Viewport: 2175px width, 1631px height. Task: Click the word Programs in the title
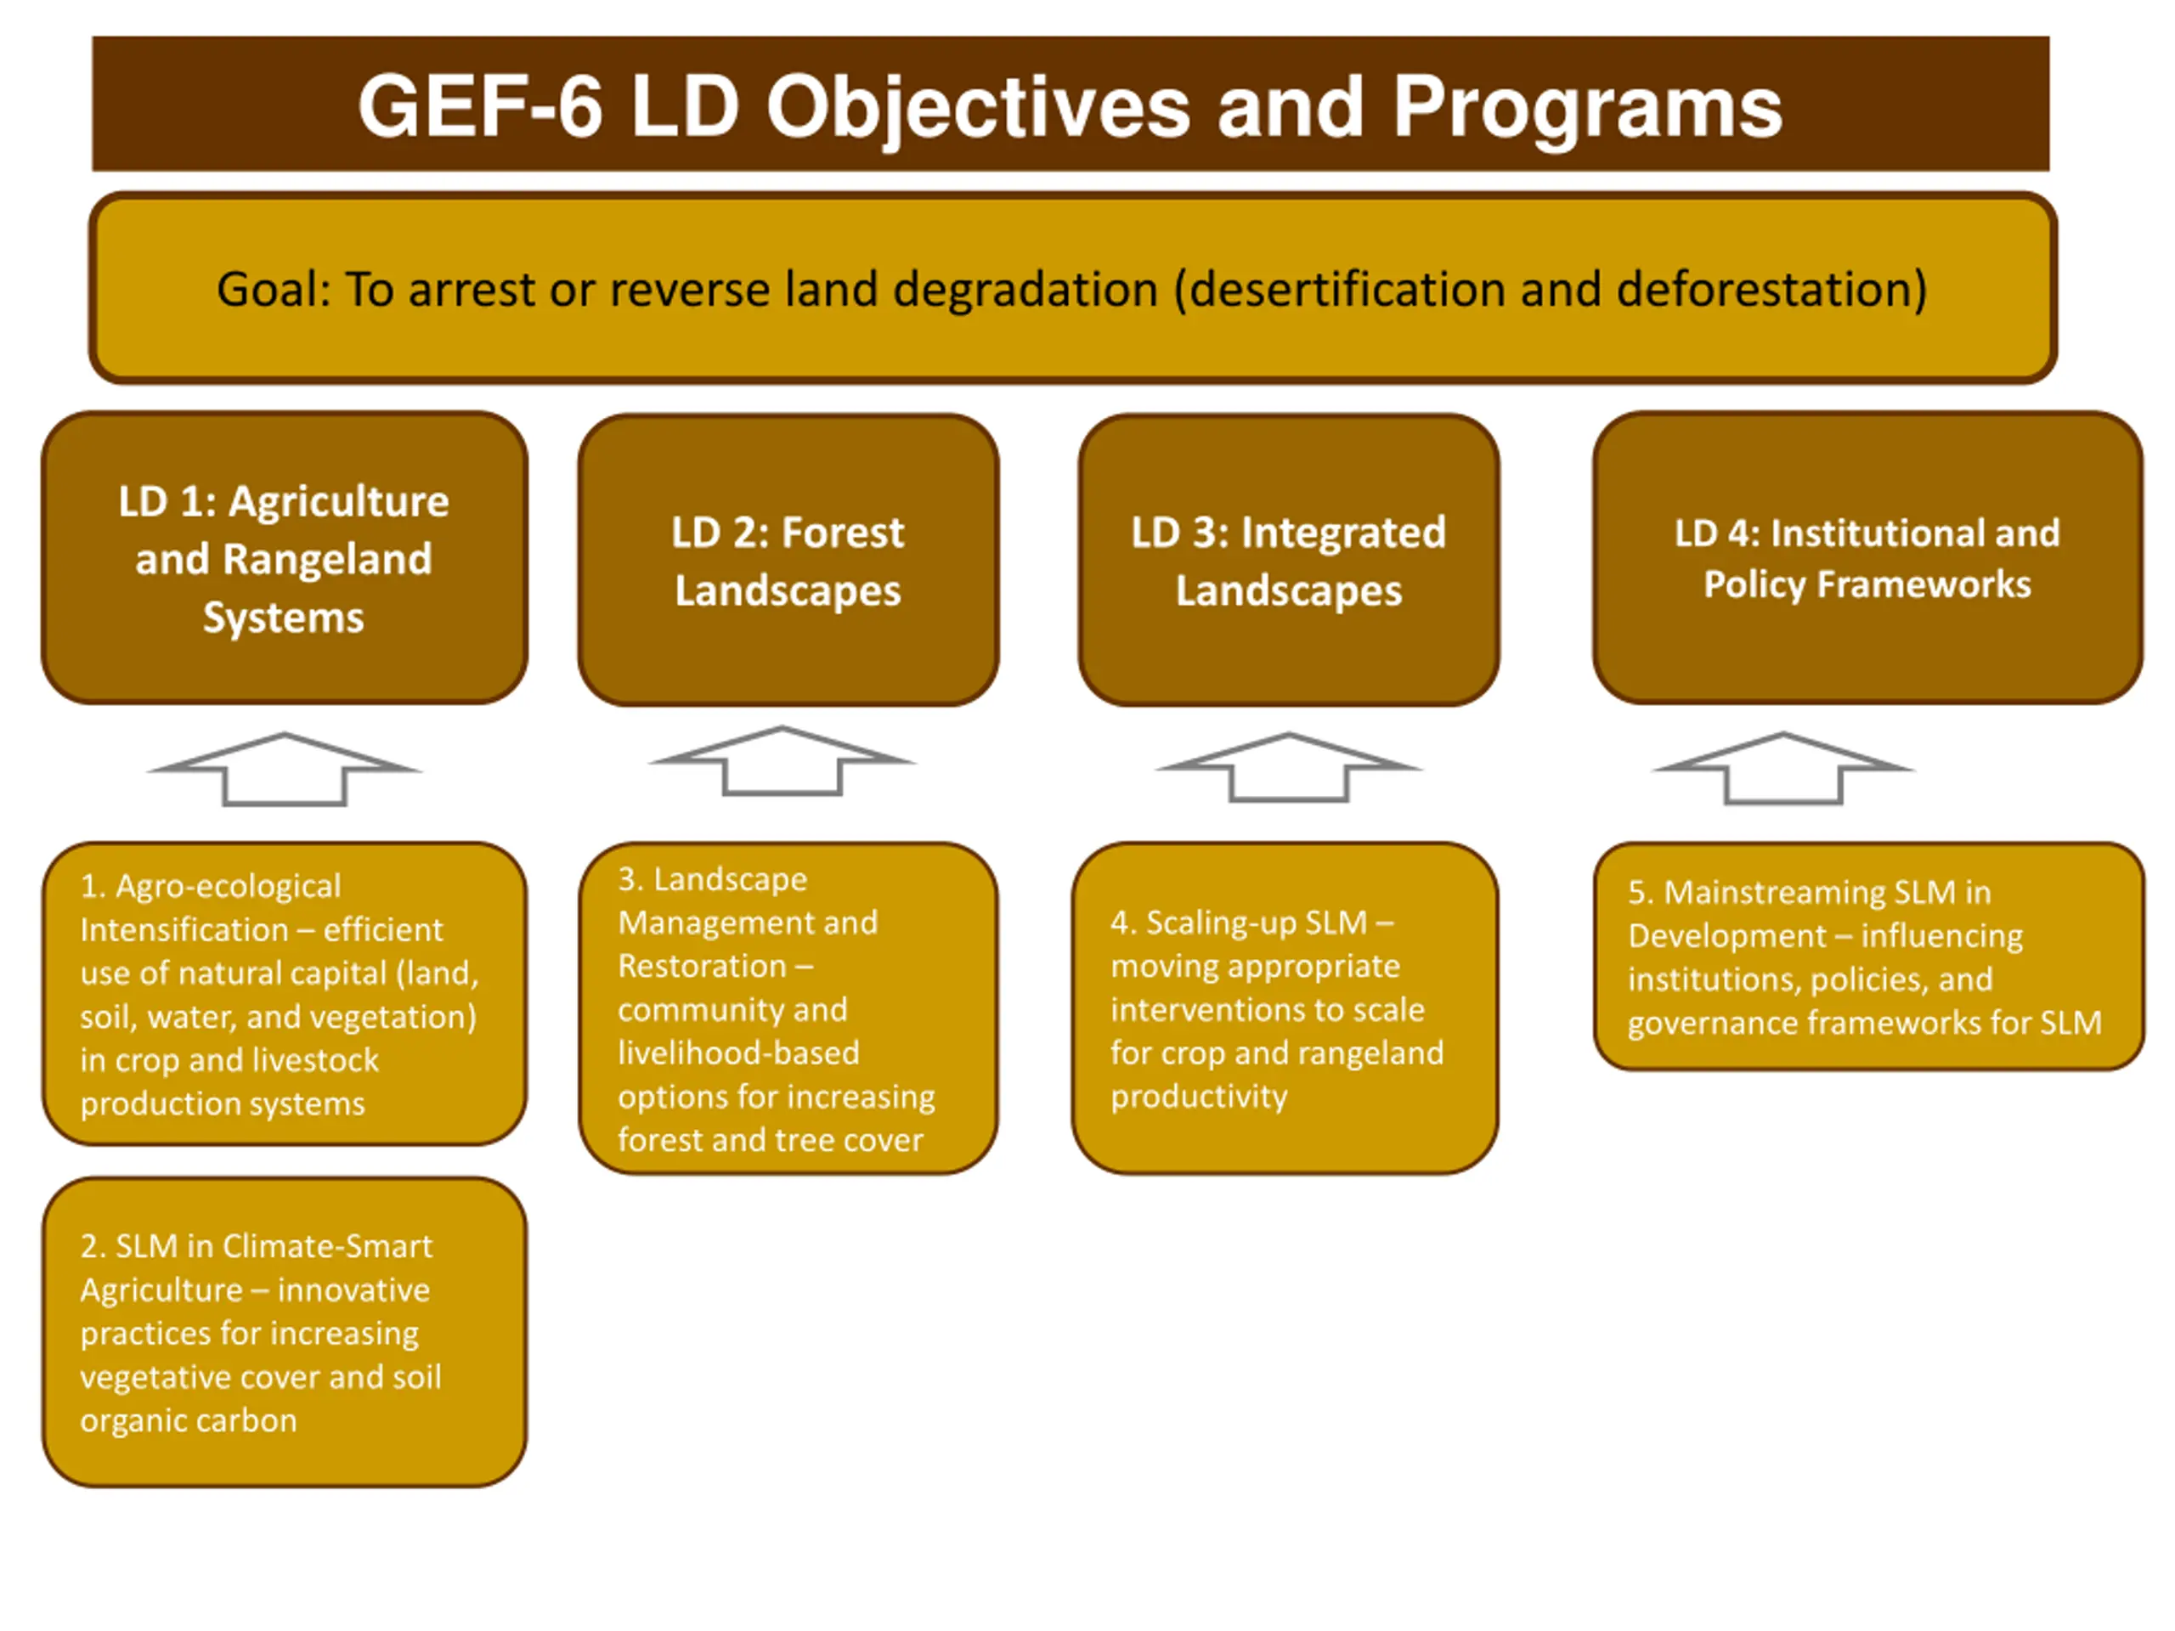pos(1586,107)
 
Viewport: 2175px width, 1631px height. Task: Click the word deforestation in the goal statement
pos(1770,289)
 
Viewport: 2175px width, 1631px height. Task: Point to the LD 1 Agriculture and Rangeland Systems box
pos(284,557)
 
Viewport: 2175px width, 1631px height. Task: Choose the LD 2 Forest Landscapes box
pos(788,560)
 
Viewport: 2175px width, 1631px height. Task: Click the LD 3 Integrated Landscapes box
pos(1288,560)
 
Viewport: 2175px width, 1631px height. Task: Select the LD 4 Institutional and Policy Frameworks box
pos(1867,557)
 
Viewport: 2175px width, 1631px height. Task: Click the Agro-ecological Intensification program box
pos(284,993)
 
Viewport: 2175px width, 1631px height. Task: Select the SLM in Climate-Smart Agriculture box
pos(284,1331)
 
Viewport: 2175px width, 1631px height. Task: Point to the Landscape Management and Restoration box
pos(788,1007)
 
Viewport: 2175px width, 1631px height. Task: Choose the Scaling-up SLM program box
pos(1285,1007)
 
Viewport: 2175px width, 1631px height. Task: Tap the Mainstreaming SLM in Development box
pos(1868,956)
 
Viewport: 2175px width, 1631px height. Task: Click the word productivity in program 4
pos(1199,1095)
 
